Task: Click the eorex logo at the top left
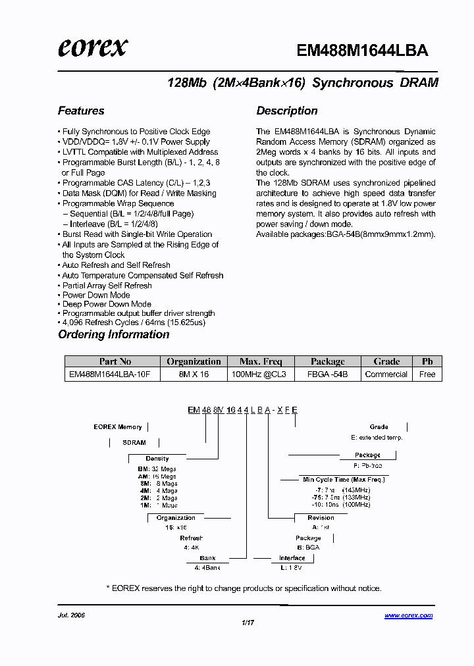click(x=92, y=47)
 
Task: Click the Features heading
click(x=81, y=111)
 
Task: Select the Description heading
click(x=287, y=111)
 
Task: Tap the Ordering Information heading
click(x=114, y=334)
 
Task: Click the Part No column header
click(x=115, y=361)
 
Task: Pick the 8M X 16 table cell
click(x=194, y=374)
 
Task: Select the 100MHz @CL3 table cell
click(x=261, y=374)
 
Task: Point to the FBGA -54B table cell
click(x=327, y=374)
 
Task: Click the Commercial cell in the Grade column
click(x=386, y=374)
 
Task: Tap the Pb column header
click(x=427, y=361)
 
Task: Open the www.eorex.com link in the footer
click(x=408, y=615)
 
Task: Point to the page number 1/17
click(x=248, y=622)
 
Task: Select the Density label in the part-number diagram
click(x=157, y=459)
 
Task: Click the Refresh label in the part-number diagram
click(x=192, y=538)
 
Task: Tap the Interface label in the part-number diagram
click(x=292, y=558)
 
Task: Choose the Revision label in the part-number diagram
click(x=321, y=518)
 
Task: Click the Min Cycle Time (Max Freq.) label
click(x=335, y=480)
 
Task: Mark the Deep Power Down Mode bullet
click(x=107, y=304)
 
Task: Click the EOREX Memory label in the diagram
click(x=118, y=427)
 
